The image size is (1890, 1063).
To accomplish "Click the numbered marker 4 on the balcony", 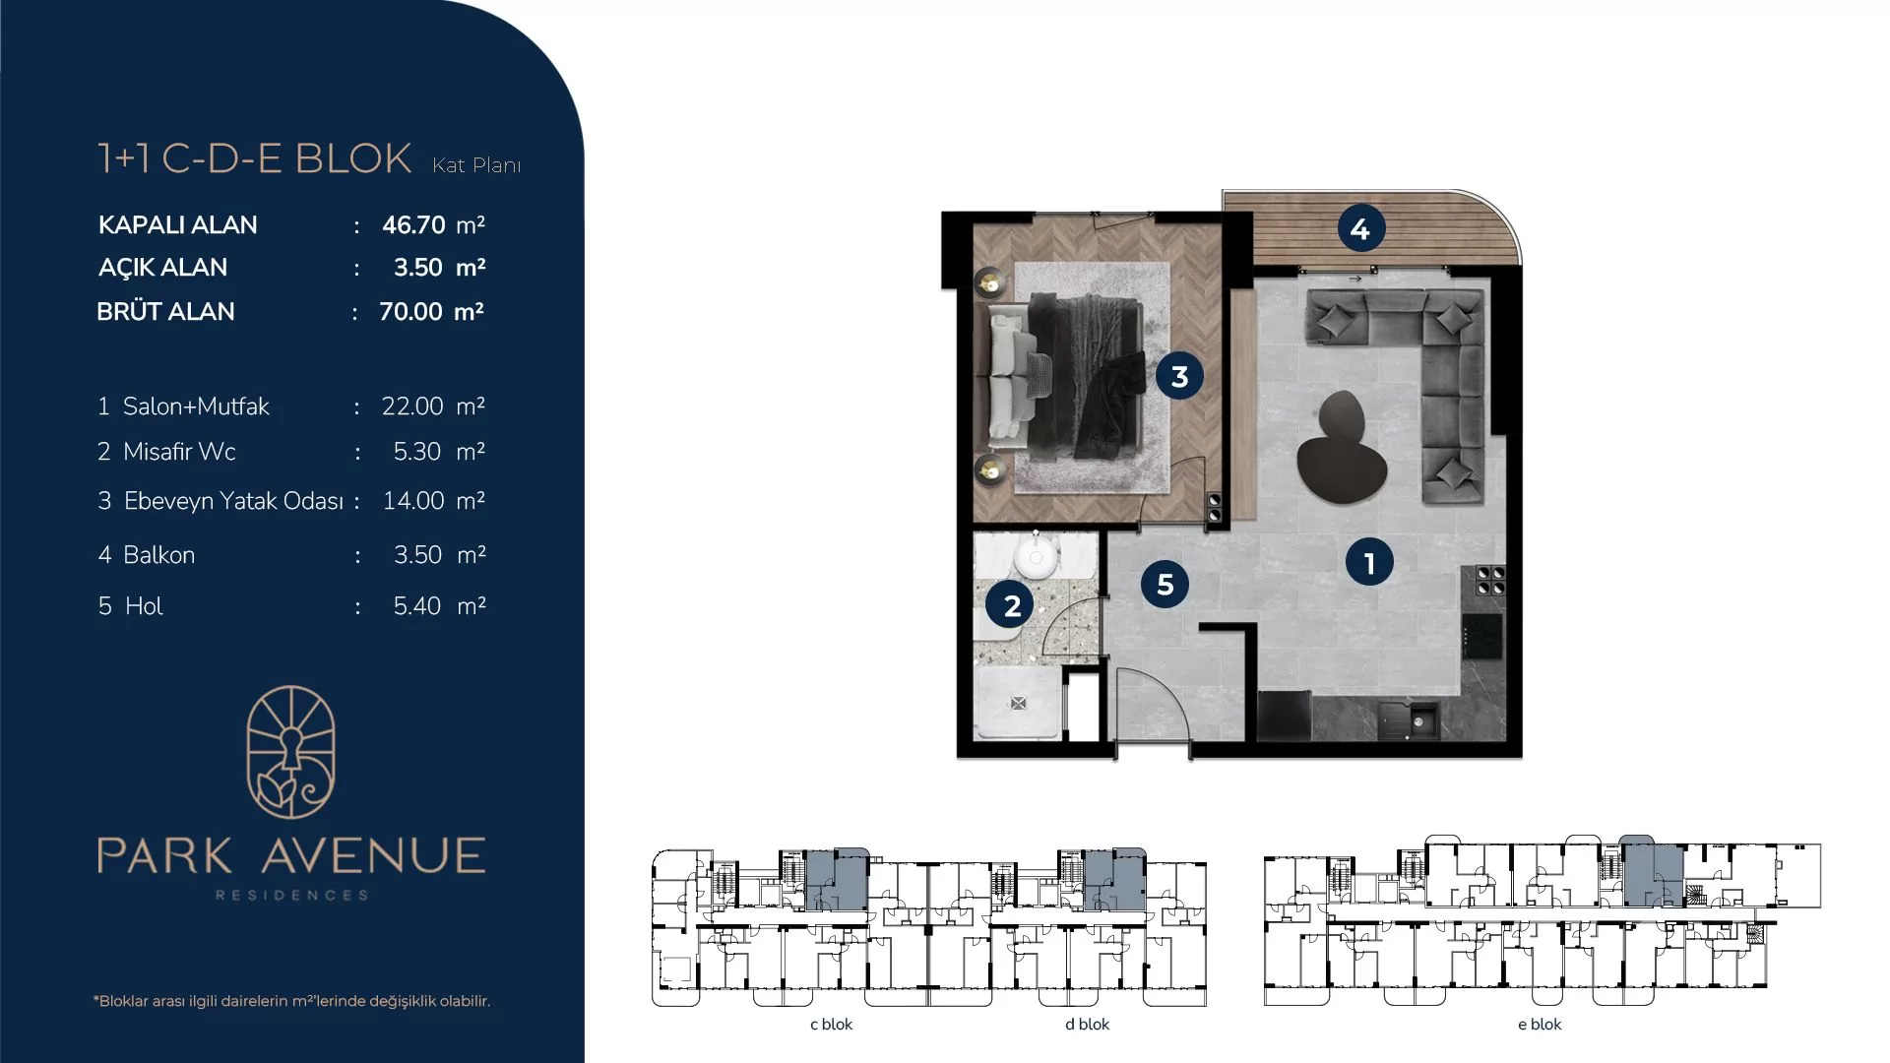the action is pyautogui.click(x=1360, y=229).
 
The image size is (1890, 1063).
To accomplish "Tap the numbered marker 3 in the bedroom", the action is pyautogui.click(x=1179, y=375).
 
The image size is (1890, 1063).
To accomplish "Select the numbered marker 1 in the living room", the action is pyautogui.click(x=1369, y=562).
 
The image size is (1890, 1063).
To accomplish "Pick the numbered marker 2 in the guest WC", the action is pyautogui.click(x=1011, y=605).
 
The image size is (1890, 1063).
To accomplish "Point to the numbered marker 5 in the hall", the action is pyautogui.click(x=1165, y=584).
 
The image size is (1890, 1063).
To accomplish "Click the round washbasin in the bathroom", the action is pyautogui.click(x=1036, y=558).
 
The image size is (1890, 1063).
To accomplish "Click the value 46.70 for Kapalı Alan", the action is pyautogui.click(x=413, y=224).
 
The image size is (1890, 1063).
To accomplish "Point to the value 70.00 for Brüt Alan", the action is pyautogui.click(x=410, y=311).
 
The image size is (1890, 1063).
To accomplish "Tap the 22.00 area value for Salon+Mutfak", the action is pyautogui.click(x=412, y=406).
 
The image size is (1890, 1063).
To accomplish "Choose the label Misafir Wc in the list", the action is pyautogui.click(x=179, y=451).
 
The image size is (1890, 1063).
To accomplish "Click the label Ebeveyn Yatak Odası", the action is pyautogui.click(x=233, y=501).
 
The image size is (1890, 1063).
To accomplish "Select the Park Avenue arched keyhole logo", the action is pyautogui.click(x=290, y=752).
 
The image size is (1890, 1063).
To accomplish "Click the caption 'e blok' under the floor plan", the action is pyautogui.click(x=1540, y=1024).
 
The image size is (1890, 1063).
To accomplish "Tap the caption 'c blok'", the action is pyautogui.click(x=831, y=1024).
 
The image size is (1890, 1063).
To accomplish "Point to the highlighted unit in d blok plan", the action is pyautogui.click(x=1114, y=878).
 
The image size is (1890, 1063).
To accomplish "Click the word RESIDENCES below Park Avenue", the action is pyautogui.click(x=291, y=895).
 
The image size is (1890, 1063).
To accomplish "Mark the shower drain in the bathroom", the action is pyautogui.click(x=1018, y=703).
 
